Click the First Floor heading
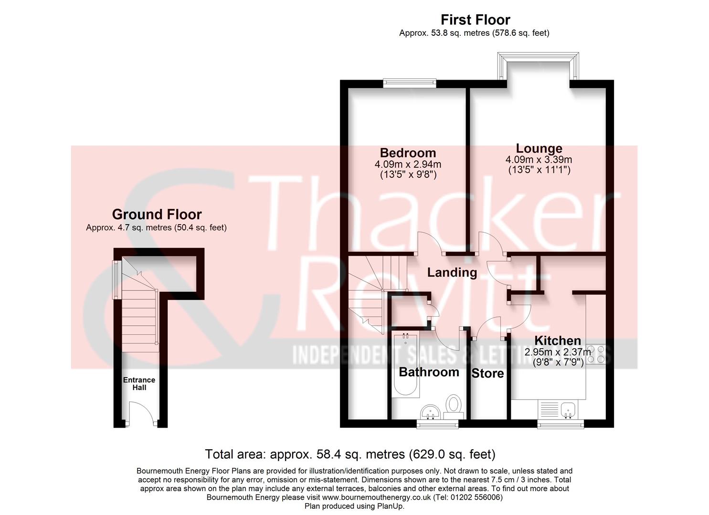coord(475,20)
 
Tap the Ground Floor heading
coord(157,214)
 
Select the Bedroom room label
coord(408,153)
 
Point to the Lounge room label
coord(539,148)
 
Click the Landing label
coord(452,272)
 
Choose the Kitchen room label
coord(557,340)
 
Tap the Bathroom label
coord(429,372)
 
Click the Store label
coord(487,373)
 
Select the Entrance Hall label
coord(139,383)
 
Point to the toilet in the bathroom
coord(453,405)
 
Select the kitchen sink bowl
coord(568,409)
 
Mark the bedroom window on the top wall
coord(410,83)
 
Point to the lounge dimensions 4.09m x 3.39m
coord(539,160)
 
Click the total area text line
coord(350,454)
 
